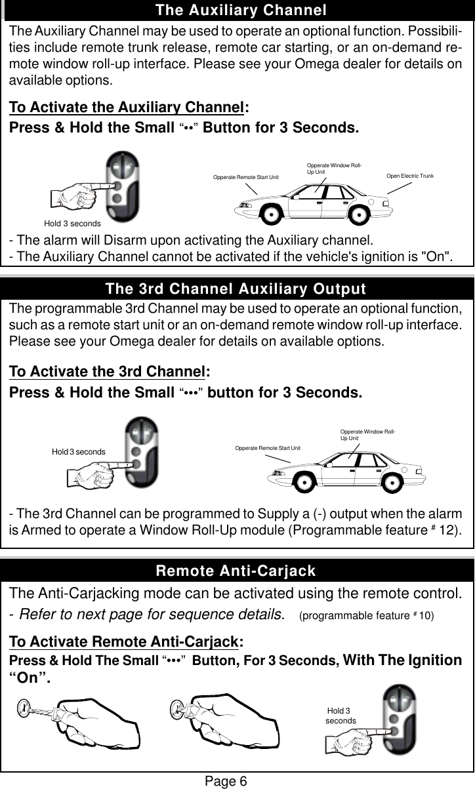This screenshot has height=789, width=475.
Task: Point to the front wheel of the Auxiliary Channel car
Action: click(x=272, y=212)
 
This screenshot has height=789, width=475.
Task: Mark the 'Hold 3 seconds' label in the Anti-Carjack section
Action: click(x=341, y=716)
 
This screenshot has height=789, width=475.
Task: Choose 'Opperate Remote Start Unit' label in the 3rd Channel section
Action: click(x=267, y=447)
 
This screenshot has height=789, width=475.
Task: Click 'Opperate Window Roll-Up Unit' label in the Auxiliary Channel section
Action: click(x=335, y=169)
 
